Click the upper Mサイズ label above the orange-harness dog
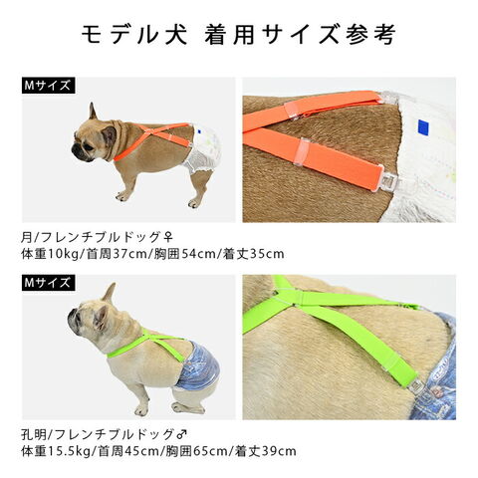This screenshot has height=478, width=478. click(x=49, y=86)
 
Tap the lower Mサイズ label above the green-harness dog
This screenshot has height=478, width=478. click(x=49, y=283)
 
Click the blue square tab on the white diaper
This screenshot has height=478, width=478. click(x=423, y=126)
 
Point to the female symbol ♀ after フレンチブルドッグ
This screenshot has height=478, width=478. click(x=168, y=237)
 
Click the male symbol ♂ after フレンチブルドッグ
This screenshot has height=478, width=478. click(x=182, y=434)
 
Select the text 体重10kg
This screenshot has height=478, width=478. click(x=49, y=254)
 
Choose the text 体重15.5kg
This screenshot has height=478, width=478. click(x=56, y=451)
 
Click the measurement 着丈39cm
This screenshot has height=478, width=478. click(x=266, y=451)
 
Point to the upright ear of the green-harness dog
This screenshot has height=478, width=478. click(x=110, y=292)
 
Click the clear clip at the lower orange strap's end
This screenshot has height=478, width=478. click(x=387, y=181)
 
